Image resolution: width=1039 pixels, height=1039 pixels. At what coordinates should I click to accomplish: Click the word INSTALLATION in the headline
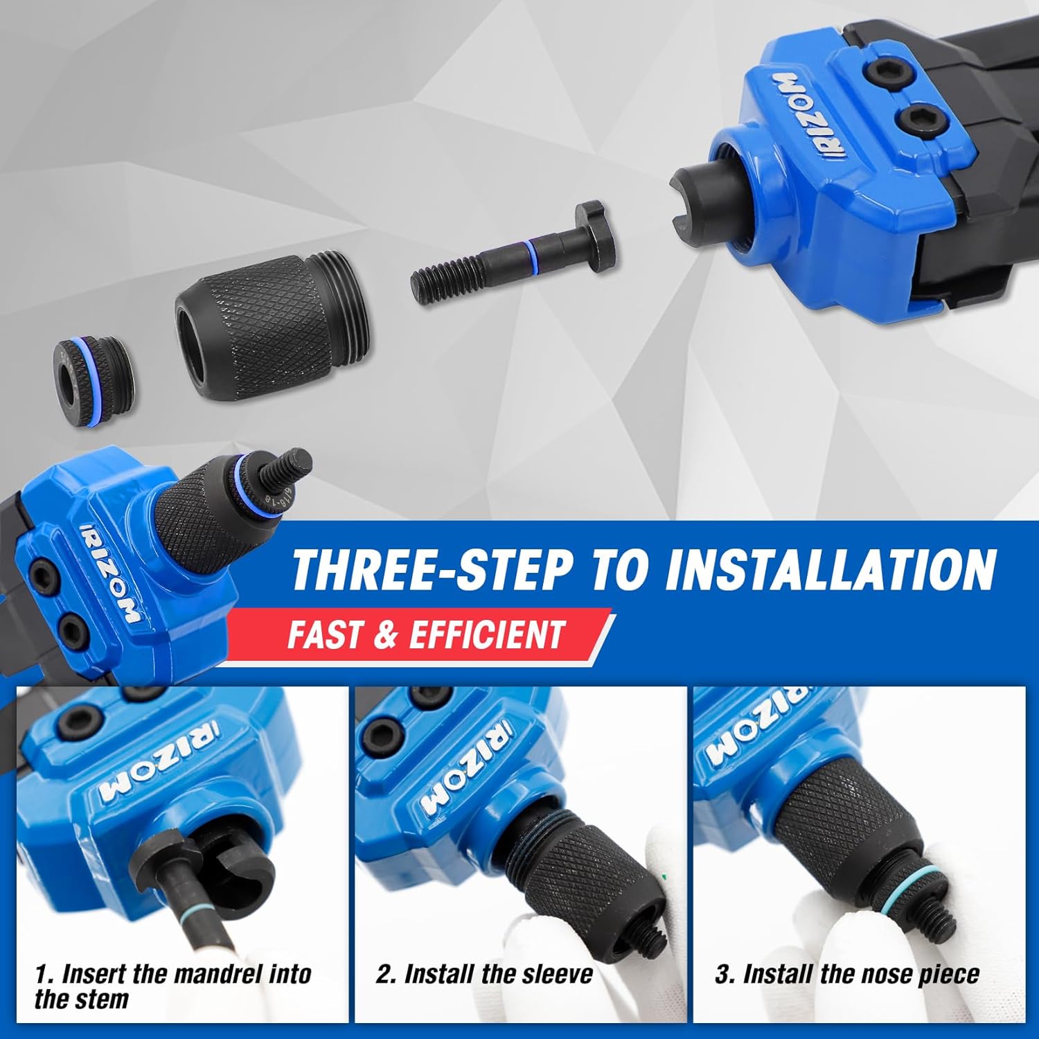830,569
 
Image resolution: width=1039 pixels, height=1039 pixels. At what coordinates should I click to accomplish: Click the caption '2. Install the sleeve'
484,974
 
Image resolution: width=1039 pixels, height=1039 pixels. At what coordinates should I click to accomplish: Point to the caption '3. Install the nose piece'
846,974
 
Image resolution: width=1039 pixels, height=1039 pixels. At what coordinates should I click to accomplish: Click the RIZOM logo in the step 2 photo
466,769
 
